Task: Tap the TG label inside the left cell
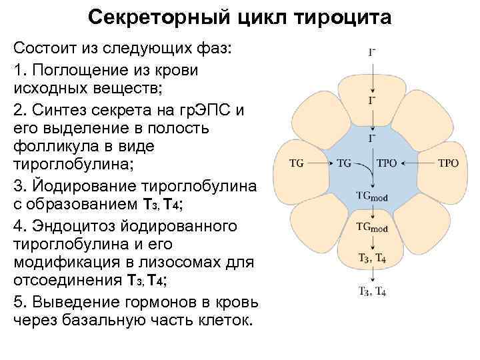[297, 163]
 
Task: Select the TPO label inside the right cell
[448, 163]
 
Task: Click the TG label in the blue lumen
[344, 163]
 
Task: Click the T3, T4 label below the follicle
[372, 291]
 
